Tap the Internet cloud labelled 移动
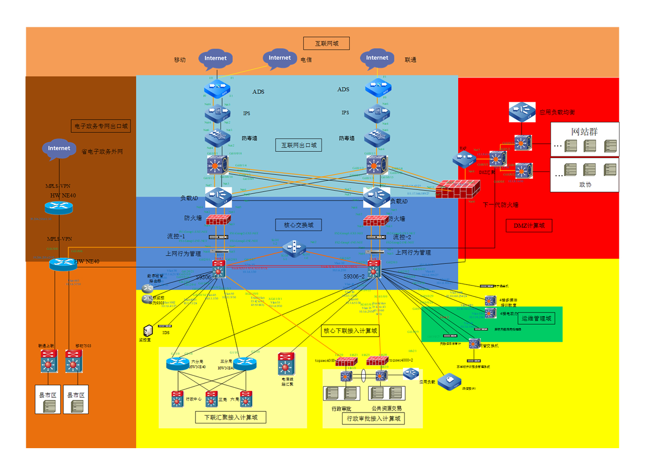(x=215, y=58)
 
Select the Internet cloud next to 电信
(x=280, y=58)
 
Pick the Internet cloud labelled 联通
(x=377, y=58)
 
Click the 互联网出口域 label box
(x=299, y=146)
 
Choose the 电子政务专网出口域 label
(x=101, y=125)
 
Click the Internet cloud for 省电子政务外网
(x=59, y=149)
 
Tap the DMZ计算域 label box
(x=529, y=226)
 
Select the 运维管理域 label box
(x=536, y=319)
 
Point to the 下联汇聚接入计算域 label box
(x=231, y=417)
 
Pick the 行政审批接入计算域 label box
(x=373, y=419)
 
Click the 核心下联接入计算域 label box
(x=350, y=330)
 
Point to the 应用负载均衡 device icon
(x=522, y=112)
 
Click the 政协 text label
(x=585, y=185)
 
